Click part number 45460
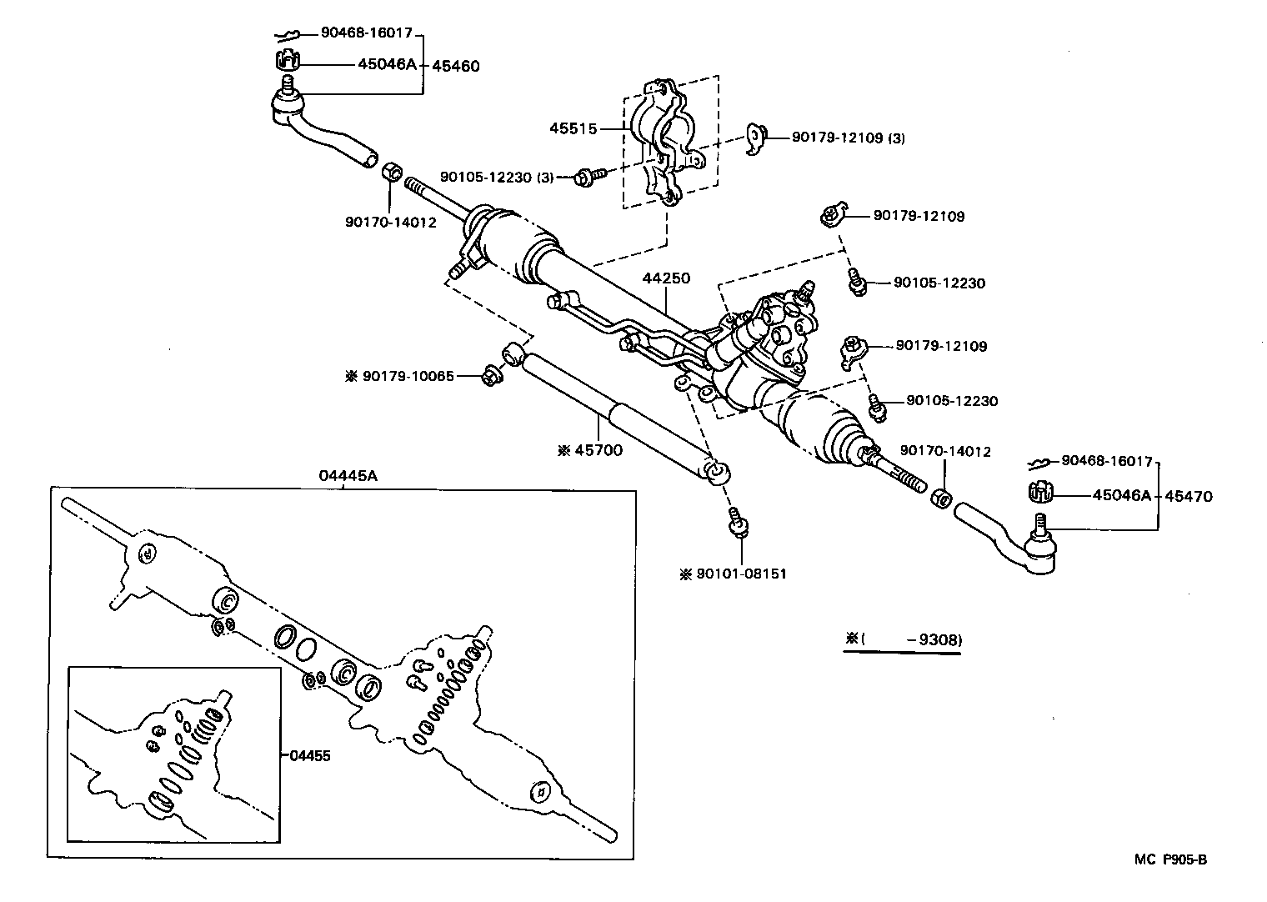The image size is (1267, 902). click(x=455, y=66)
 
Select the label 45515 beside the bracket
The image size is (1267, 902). click(x=573, y=128)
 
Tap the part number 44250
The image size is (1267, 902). click(x=666, y=278)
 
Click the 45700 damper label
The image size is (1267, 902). click(x=590, y=451)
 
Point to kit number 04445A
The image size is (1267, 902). click(x=348, y=476)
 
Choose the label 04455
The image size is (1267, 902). click(x=310, y=756)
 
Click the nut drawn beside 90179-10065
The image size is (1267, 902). click(x=490, y=377)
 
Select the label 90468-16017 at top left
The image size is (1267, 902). click(x=367, y=33)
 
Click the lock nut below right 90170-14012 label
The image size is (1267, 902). click(x=938, y=498)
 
